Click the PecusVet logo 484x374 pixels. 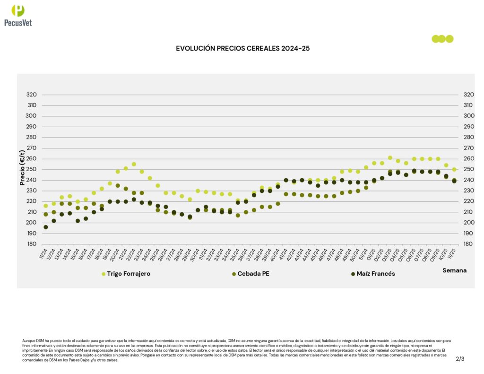click(18, 15)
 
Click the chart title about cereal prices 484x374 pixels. click(242, 48)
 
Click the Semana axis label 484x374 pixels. click(454, 270)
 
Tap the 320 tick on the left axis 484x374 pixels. click(31, 95)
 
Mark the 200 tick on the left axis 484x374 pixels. click(31, 223)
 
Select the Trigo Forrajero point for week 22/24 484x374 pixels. click(134, 164)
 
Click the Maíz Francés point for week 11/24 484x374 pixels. click(46, 227)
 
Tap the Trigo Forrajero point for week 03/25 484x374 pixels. click(390, 158)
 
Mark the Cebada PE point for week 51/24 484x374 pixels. click(366, 188)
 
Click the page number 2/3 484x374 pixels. click(460, 359)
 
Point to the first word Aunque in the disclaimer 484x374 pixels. click(28, 340)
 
